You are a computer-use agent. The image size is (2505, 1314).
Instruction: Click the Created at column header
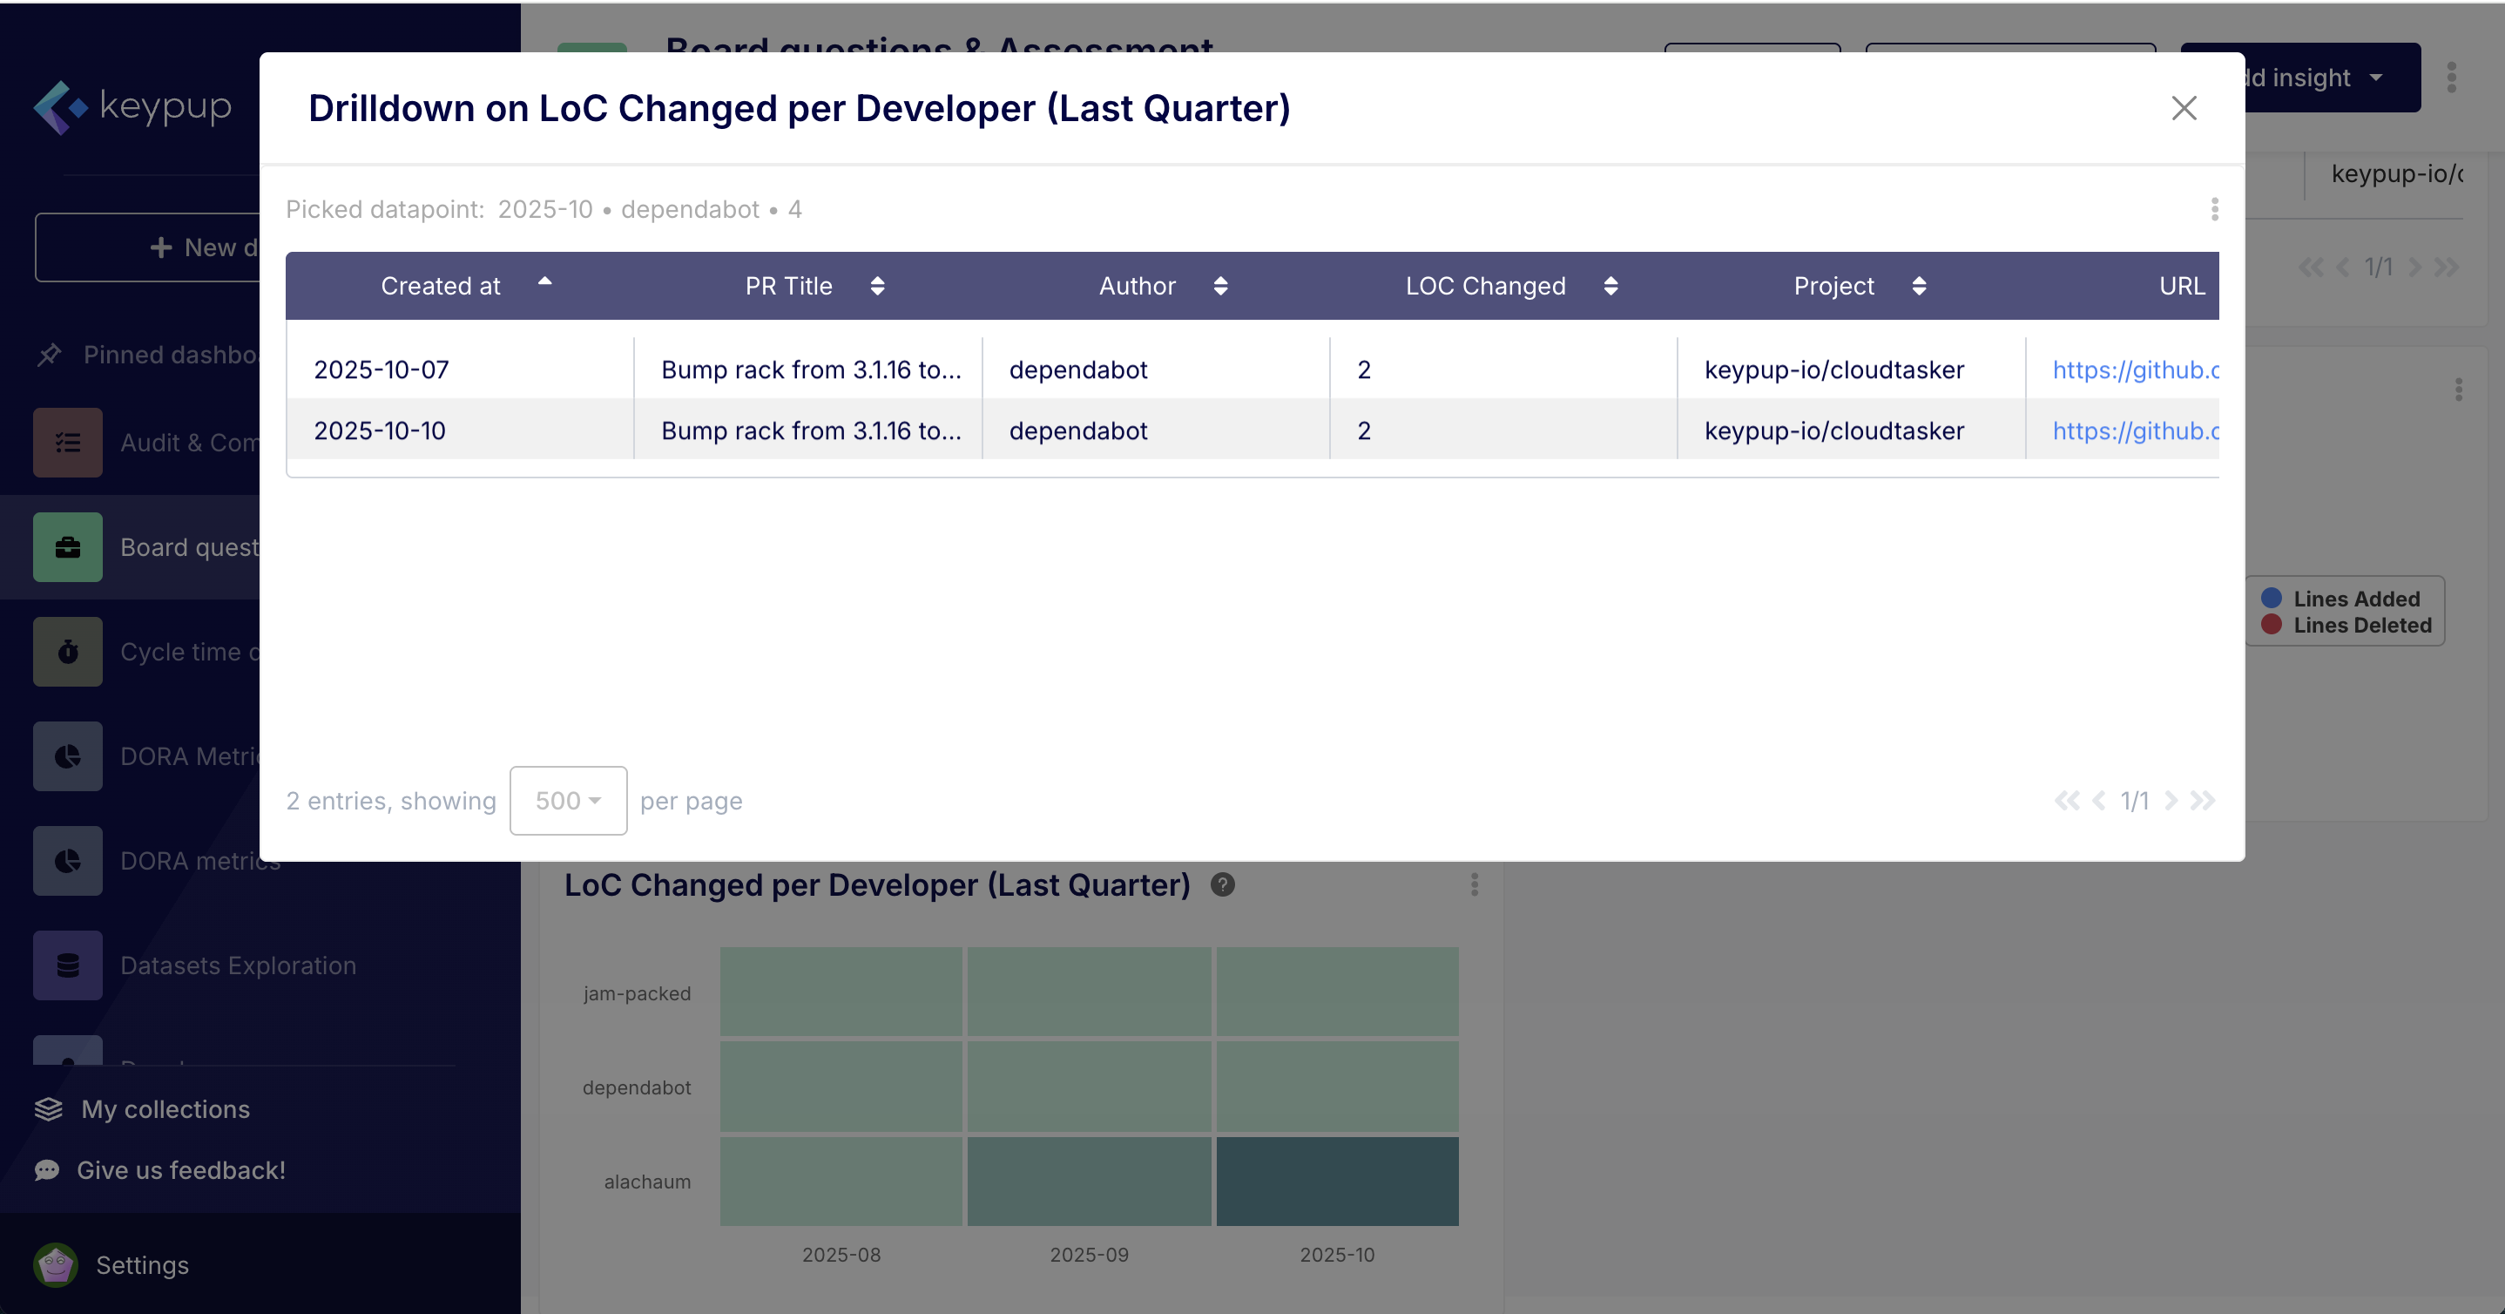441,286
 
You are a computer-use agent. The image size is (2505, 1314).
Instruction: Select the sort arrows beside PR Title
877,286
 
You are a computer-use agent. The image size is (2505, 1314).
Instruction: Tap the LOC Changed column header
1485,286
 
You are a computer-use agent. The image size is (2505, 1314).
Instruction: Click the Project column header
1833,286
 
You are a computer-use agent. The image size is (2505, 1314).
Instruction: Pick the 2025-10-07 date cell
381,369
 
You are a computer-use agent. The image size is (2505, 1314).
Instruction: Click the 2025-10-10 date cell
379,430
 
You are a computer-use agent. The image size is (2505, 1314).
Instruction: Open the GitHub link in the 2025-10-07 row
2135,369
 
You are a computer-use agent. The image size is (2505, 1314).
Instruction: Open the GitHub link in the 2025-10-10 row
2135,430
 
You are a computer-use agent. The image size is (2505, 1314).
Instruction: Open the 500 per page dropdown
568,801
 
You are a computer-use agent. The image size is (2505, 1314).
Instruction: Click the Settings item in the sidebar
142,1264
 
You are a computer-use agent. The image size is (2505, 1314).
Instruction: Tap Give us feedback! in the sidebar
181,1170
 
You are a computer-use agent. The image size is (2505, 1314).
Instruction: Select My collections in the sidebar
165,1108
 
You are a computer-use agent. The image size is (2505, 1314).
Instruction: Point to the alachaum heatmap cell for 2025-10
1337,1181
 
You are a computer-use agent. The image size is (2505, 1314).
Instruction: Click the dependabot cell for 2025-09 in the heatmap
1089,1087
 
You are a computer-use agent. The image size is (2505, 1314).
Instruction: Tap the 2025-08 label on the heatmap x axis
841,1255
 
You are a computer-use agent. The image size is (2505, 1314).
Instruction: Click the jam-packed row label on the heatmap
637,993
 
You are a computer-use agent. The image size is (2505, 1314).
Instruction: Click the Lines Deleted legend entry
2361,626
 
